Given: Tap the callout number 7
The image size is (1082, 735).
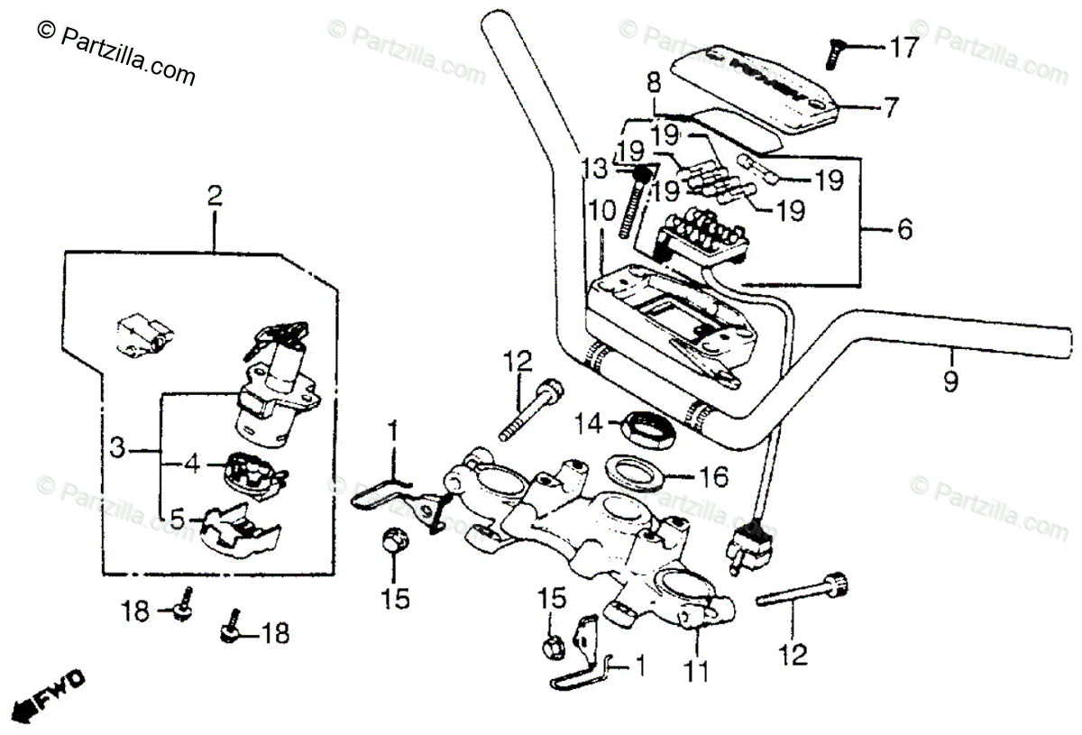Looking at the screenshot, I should tap(890, 108).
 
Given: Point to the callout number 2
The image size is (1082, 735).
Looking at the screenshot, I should tap(214, 196).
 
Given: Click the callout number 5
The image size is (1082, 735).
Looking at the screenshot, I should tap(177, 519).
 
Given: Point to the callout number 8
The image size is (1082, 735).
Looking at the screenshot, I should tap(654, 84).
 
